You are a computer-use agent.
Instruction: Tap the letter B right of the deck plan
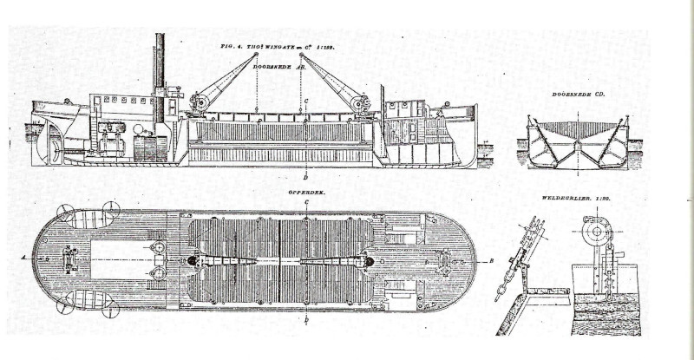(491, 260)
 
